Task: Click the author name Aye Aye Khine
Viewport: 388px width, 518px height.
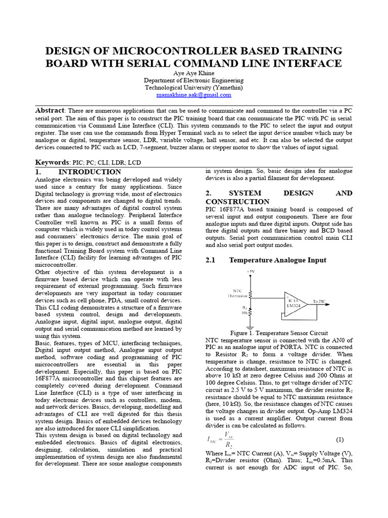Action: (x=193, y=73)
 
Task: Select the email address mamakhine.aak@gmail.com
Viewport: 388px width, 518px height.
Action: (x=193, y=95)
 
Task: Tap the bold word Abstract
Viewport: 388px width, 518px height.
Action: (x=50, y=111)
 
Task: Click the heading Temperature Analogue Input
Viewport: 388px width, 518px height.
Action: (x=277, y=260)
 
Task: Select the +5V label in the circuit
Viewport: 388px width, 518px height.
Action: (x=251, y=272)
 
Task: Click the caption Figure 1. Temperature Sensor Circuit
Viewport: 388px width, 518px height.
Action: (x=279, y=333)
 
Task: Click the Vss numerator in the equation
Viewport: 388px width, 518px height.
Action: (x=231, y=435)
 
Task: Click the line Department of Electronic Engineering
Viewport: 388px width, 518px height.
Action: (x=193, y=80)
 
